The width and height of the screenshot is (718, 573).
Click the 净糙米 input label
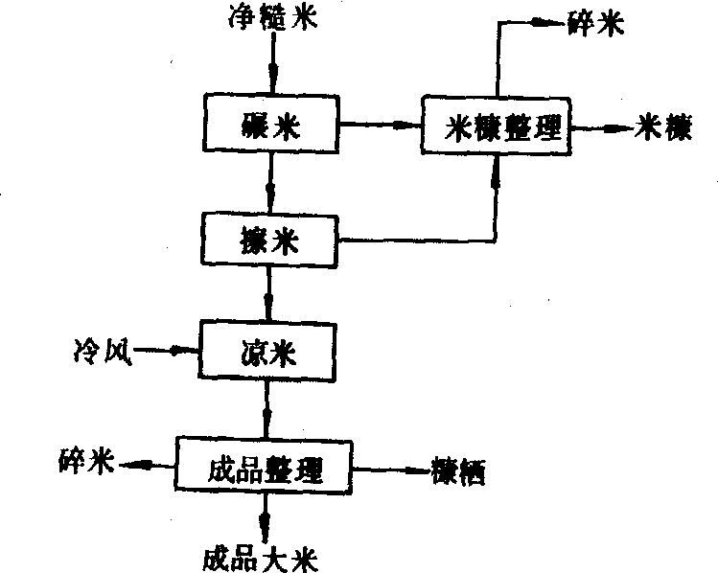coord(273,19)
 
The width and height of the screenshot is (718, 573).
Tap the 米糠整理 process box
coord(496,126)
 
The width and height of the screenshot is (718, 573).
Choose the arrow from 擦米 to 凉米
coord(270,292)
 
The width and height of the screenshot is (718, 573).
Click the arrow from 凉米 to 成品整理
coord(267,410)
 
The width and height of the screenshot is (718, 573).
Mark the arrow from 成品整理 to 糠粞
coord(388,470)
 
